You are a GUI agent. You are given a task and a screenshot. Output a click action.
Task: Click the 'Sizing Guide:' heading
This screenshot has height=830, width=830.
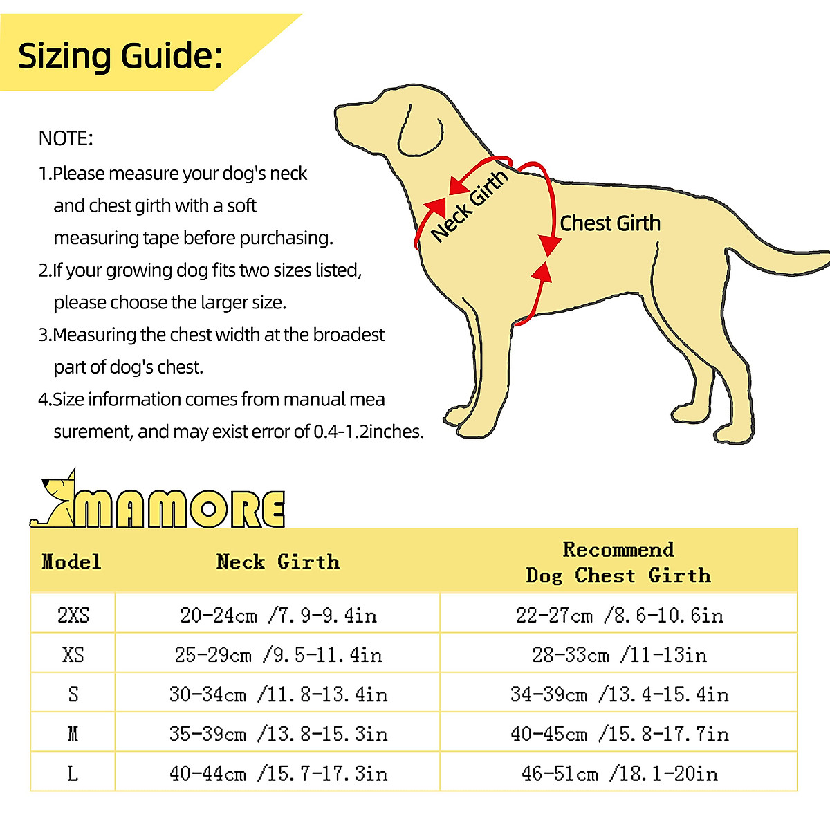[120, 55]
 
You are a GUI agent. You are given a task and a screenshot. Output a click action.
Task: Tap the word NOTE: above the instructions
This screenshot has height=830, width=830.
[66, 138]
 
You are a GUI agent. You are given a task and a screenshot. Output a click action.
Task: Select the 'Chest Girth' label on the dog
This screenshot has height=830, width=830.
[610, 223]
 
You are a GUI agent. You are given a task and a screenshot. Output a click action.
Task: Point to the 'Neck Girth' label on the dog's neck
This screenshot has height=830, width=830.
[470, 205]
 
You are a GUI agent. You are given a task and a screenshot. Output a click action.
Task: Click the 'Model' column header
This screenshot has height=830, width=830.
[72, 562]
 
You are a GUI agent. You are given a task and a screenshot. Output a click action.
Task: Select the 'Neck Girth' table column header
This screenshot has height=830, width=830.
[278, 562]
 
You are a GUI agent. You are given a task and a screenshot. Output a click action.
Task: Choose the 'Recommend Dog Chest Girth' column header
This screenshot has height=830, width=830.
[618, 562]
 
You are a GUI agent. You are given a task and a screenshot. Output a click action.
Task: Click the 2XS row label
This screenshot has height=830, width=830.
[73, 615]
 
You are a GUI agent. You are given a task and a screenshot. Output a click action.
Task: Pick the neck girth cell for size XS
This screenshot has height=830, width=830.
[278, 654]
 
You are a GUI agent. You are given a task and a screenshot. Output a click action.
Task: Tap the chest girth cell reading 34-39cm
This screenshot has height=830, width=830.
[619, 694]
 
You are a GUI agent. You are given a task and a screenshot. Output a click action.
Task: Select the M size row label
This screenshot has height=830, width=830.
[73, 733]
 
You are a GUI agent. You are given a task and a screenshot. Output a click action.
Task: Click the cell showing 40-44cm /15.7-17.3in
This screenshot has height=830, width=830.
[278, 773]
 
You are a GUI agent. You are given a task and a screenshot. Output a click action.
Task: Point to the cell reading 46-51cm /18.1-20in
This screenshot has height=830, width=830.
[619, 773]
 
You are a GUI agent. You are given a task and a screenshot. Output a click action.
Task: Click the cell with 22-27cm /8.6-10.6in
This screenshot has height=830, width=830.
[619, 615]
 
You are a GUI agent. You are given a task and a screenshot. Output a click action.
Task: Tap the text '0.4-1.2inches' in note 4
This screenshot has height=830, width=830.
[369, 432]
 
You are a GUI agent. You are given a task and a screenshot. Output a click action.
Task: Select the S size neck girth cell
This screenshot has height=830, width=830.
[278, 694]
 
